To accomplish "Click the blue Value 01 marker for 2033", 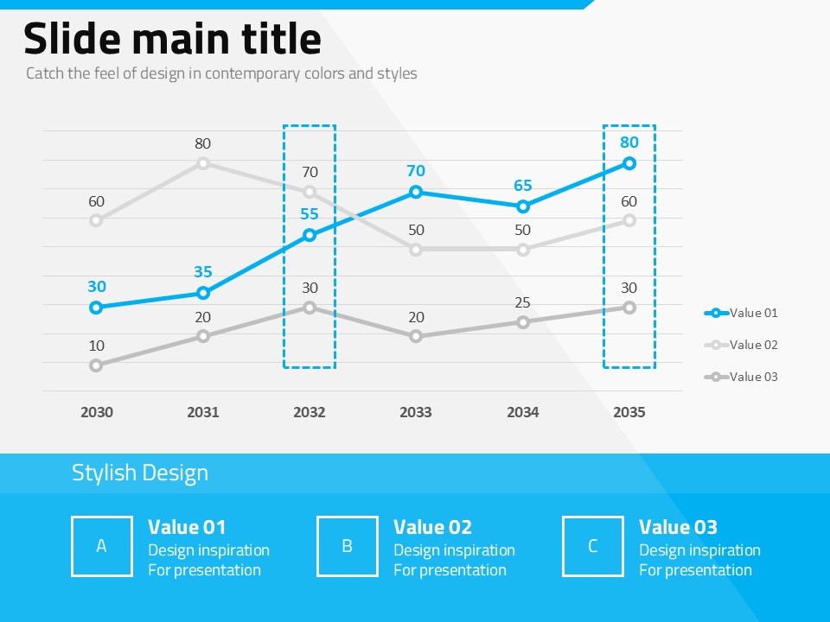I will (416, 192).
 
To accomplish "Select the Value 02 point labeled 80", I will (203, 163).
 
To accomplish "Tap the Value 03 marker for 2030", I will (96, 365).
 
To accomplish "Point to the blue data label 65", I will (522, 186).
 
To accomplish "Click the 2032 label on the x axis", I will (310, 412).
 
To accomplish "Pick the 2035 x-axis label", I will (629, 412).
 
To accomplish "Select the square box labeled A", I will (102, 546).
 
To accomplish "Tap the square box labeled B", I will (348, 546).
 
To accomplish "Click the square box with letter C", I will (593, 546).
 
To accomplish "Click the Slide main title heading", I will (172, 40).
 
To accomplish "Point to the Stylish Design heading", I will (140, 473).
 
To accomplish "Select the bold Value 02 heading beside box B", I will (432, 527).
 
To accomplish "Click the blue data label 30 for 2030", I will (96, 287).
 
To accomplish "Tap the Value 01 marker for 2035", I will (629, 163).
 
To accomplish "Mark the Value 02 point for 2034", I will (522, 250).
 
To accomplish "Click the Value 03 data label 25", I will (522, 302).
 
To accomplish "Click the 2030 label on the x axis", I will (96, 412).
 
